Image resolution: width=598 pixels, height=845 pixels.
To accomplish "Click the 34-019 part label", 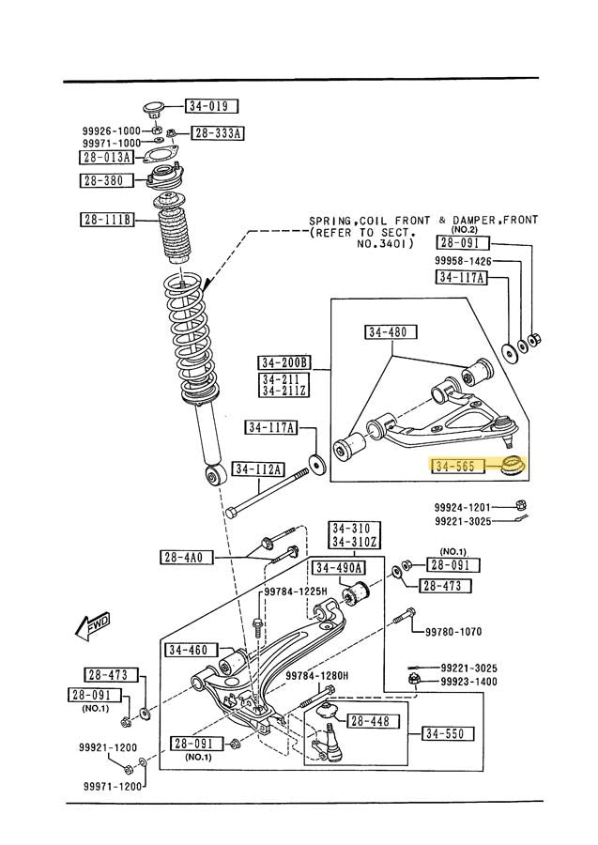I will (x=211, y=107).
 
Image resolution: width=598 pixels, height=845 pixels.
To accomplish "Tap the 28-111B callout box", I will (x=107, y=221).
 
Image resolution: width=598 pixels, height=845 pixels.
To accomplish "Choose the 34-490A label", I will (x=339, y=567).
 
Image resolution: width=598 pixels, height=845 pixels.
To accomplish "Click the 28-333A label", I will (x=218, y=133).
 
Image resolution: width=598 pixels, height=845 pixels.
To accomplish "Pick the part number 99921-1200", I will (x=108, y=748).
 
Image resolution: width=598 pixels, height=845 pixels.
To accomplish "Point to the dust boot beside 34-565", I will (x=514, y=464).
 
